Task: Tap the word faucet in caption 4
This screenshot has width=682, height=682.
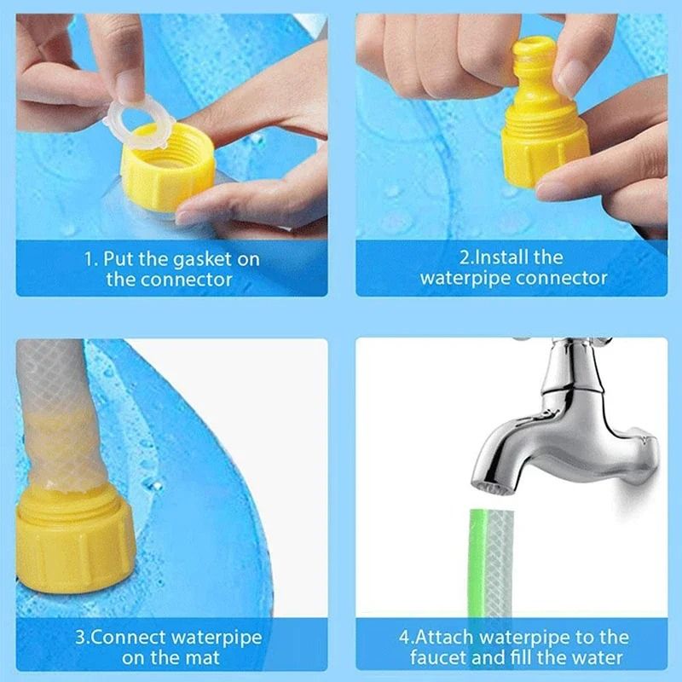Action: click(x=437, y=657)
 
